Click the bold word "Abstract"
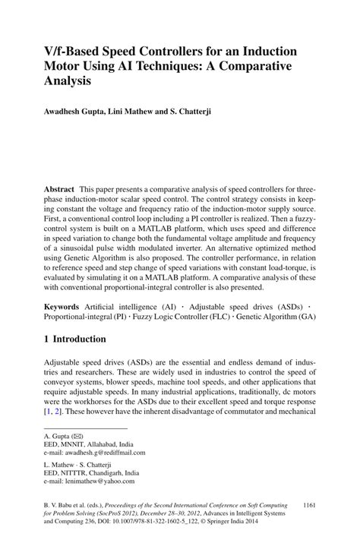[x=59, y=187]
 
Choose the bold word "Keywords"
[x=63, y=305]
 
